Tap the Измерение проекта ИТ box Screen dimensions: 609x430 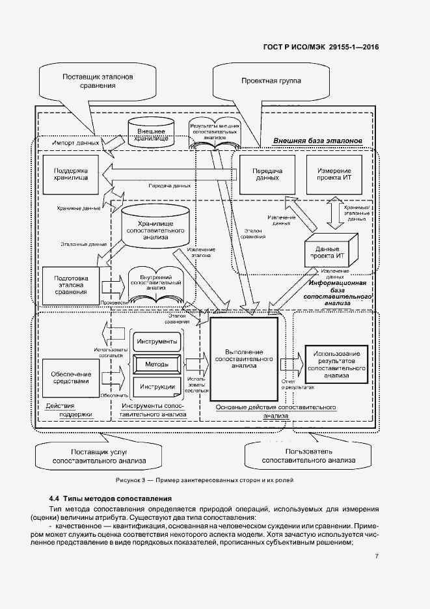pos(334,174)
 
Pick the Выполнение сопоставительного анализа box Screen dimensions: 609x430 pos(244,357)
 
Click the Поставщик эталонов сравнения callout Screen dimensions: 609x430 pos(98,80)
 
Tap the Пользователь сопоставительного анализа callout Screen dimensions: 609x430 pos(308,455)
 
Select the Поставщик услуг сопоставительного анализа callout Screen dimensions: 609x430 pos(99,455)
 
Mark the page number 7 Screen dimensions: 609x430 pos(377,556)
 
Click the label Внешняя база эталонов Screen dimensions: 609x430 pos(316,141)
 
